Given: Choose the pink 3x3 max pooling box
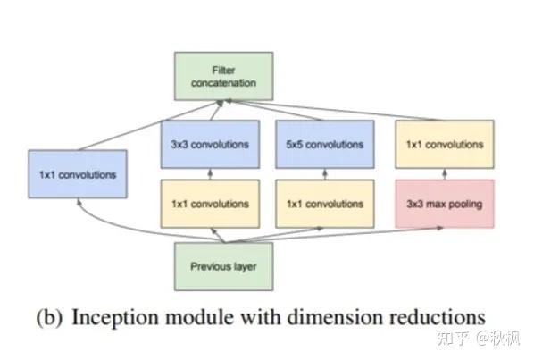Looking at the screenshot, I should coord(444,204).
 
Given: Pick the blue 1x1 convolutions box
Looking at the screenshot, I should coord(78,174).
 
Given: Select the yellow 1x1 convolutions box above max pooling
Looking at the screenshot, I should coord(444,144).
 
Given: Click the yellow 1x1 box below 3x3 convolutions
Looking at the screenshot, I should coord(210,204).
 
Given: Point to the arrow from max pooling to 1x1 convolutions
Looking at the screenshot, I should coord(444,173).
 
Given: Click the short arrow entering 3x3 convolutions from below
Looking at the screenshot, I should coord(210,173).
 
